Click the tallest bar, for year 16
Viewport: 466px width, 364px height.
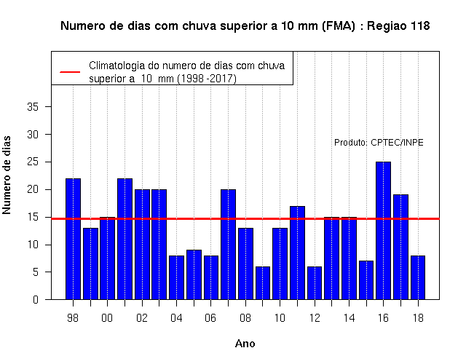383,231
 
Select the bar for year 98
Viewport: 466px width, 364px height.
73,239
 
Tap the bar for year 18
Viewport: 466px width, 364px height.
418,277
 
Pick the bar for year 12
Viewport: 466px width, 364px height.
315,283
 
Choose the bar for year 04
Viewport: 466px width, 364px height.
176,277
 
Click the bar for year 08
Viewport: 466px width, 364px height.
246,264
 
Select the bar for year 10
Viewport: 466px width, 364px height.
280,264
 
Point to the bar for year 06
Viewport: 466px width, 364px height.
211,277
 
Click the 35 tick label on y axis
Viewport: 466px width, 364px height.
33,107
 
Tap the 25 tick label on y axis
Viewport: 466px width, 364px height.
33,162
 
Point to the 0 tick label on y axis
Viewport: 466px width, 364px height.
36,299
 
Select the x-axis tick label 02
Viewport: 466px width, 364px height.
142,318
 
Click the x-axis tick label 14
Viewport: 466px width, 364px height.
349,318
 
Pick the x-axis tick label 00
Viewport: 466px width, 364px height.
107,318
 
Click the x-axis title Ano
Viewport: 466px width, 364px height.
245,344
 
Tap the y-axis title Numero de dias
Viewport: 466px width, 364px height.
7,175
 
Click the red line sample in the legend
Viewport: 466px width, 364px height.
70,72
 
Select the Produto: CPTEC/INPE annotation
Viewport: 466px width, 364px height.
379,143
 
